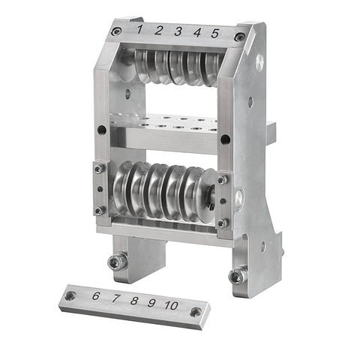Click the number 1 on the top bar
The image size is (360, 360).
coord(140,28)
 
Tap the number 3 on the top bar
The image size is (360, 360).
coord(178,31)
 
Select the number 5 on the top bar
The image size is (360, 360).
coord(214,33)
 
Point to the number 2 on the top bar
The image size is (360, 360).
coord(159,30)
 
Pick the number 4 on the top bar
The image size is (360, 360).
coord(196,32)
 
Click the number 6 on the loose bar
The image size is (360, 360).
coord(96,296)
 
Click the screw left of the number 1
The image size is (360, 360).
coord(116,31)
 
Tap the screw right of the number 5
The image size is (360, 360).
coord(238,37)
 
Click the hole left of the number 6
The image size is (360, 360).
coord(70,295)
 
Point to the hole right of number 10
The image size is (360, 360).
coord(196,311)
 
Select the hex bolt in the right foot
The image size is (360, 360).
coord(237,276)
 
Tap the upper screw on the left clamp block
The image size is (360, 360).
coord(98,169)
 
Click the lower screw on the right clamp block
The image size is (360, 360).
coord(221,223)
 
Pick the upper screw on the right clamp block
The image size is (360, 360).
coord(221,180)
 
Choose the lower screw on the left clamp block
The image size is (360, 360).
coord(98,211)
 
